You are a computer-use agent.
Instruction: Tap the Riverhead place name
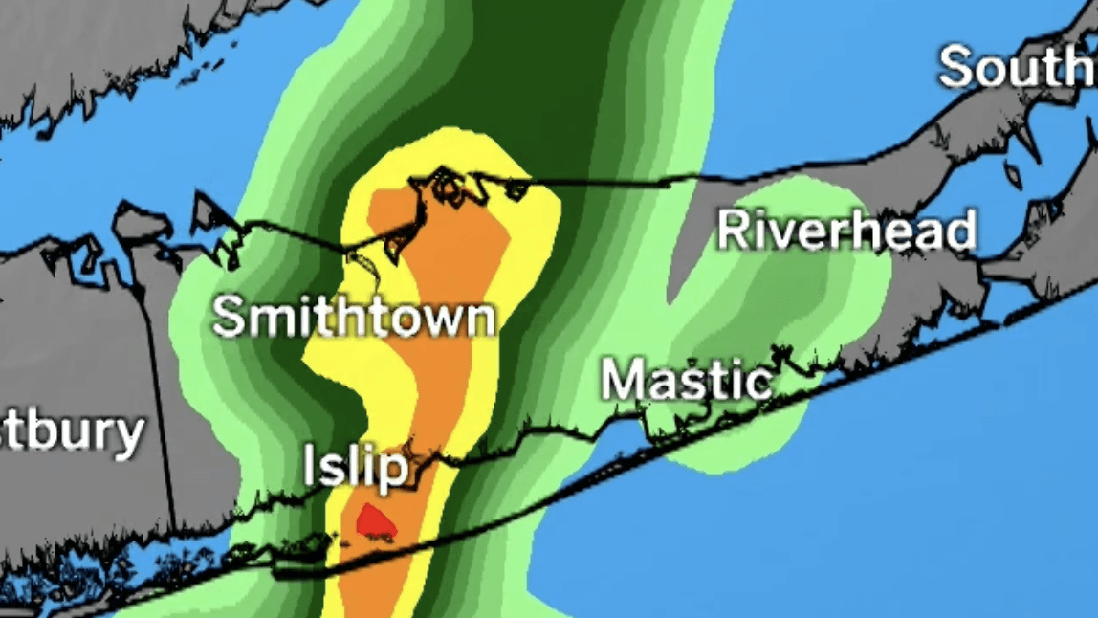[846, 231]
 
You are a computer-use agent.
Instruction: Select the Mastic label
[686, 381]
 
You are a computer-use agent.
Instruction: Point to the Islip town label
[356, 468]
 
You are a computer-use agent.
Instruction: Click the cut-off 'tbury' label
[72, 433]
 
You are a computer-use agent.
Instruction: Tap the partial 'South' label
[1017, 67]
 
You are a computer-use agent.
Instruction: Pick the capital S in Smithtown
[230, 318]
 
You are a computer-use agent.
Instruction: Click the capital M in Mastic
[623, 381]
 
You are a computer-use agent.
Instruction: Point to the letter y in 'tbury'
[127, 438]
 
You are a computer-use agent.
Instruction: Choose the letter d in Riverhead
[959, 231]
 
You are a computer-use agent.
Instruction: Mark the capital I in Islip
[311, 466]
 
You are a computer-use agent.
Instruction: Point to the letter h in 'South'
[1085, 67]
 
